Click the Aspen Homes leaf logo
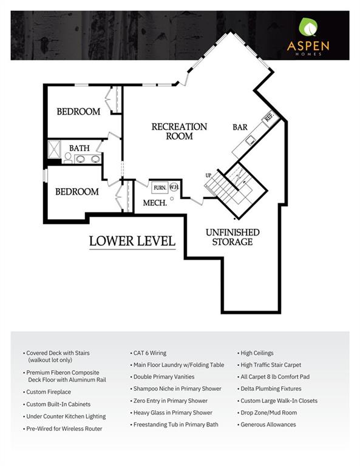point(308,27)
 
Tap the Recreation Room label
point(179,131)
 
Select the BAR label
point(240,127)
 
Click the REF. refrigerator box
point(270,116)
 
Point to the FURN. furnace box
point(160,188)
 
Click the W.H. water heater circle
point(174,187)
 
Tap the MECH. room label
point(155,203)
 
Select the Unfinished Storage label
point(233,237)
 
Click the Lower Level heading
point(132,241)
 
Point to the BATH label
point(80,148)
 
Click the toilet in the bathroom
point(68,158)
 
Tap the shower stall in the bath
point(55,149)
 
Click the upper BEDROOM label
point(78,112)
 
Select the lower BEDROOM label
point(77,192)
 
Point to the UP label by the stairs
point(208,175)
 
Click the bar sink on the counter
point(250,140)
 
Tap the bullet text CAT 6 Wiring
point(150,353)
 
